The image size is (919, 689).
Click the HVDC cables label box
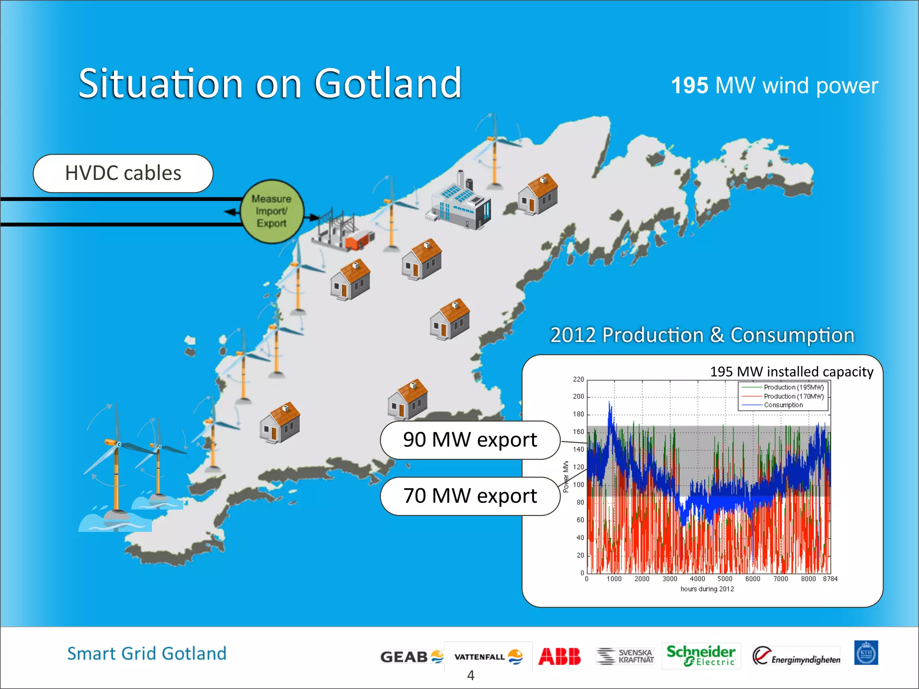[123, 173]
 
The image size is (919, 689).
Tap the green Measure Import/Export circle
[272, 211]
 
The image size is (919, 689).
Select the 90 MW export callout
[470, 440]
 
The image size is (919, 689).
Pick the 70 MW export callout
[470, 496]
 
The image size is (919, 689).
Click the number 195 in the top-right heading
[690, 86]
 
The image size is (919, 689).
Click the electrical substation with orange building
[343, 231]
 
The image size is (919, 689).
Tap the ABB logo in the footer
[559, 657]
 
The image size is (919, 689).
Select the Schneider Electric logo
[700, 656]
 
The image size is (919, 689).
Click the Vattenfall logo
[488, 657]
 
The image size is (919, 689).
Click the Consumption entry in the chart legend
[783, 405]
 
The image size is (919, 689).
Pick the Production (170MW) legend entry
[793, 397]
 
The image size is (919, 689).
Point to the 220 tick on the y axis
[578, 379]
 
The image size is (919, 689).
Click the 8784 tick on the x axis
[830, 579]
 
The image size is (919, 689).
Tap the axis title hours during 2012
[707, 589]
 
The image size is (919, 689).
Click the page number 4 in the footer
[471, 675]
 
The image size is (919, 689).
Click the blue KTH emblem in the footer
[866, 653]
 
